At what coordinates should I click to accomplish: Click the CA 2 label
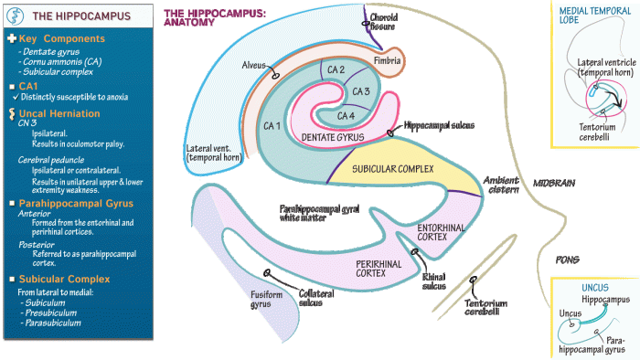tap(336, 69)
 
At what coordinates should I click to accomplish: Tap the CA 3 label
tap(361, 91)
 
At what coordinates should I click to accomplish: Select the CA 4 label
tap(346, 116)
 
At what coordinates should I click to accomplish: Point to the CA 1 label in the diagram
tap(272, 126)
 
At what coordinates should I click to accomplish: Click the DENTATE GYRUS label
tap(333, 137)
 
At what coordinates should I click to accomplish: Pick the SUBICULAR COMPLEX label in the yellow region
tap(392, 169)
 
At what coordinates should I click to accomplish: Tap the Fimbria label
tap(387, 60)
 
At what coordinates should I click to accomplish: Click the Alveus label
tap(253, 65)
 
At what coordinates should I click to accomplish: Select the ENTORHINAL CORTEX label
tap(441, 232)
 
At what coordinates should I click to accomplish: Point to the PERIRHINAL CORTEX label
tap(379, 269)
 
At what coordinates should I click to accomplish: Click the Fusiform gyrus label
tap(266, 300)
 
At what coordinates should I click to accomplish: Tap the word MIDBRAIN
tap(554, 184)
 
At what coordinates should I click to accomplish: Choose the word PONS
tap(568, 259)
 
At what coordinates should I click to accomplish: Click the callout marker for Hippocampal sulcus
tap(390, 132)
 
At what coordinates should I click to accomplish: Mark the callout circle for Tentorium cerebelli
tap(473, 280)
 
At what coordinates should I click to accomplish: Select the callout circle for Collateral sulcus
tap(267, 272)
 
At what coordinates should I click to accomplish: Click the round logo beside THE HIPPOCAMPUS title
tap(16, 16)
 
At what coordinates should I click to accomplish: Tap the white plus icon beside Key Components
tap(12, 38)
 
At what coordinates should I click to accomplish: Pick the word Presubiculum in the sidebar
tap(51, 312)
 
